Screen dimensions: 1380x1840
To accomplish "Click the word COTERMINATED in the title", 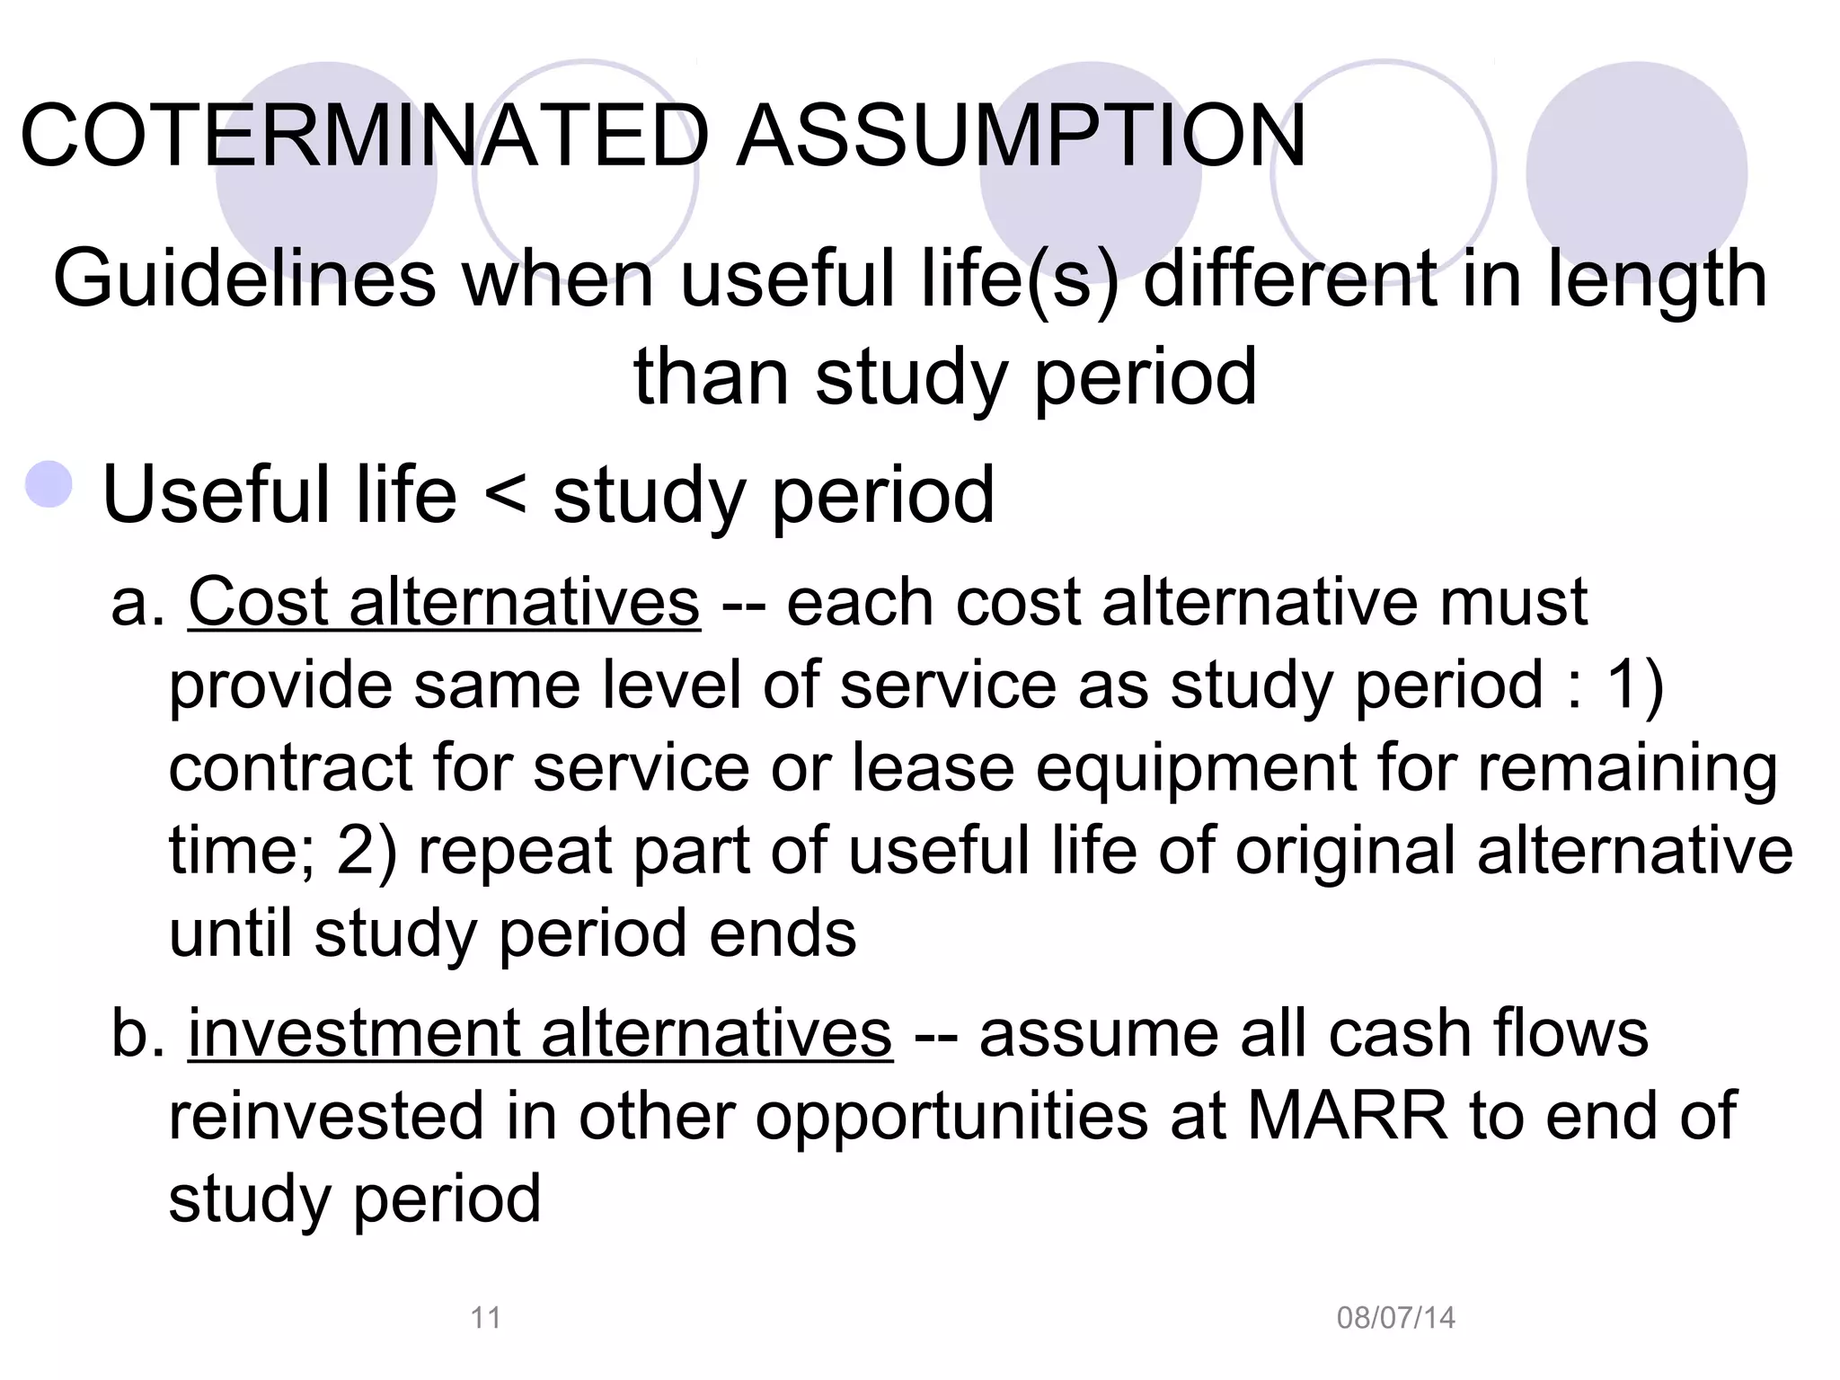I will (365, 137).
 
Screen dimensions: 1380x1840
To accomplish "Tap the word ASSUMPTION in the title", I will (1021, 137).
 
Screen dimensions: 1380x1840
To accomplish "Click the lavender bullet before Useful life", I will (49, 485).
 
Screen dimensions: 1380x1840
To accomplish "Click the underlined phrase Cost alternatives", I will (444, 602).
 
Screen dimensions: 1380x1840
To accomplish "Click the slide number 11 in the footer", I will (486, 1318).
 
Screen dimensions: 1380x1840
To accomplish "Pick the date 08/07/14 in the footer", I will (1395, 1318).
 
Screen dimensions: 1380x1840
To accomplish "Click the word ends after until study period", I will (783, 933).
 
